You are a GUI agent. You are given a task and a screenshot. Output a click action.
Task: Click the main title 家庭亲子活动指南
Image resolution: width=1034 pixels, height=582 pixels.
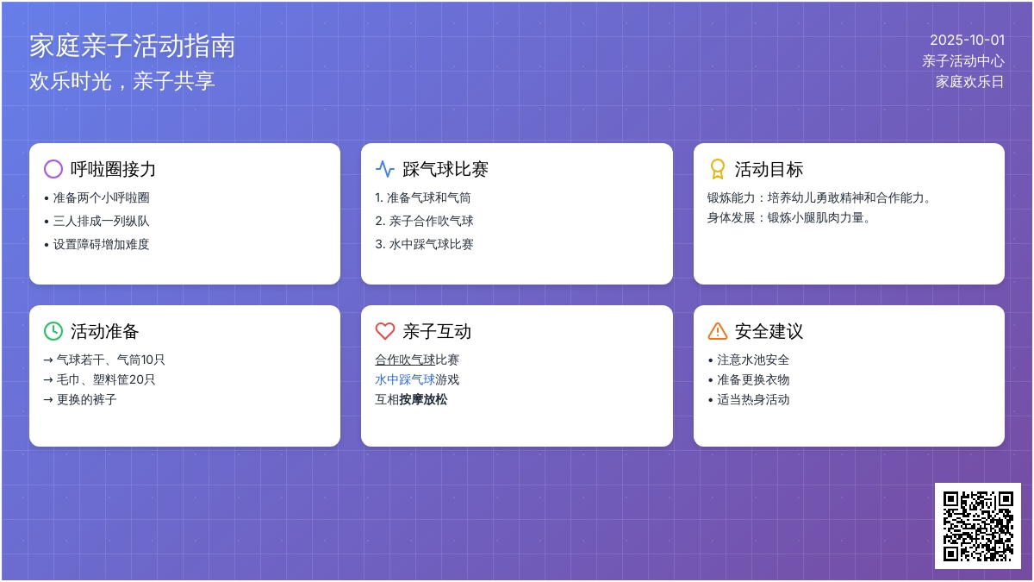[x=132, y=47]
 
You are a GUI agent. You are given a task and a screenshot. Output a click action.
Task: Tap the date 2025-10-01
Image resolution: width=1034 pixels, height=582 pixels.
[x=967, y=41]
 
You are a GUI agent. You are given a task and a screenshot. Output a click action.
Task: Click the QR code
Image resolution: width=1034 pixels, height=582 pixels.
[x=978, y=526]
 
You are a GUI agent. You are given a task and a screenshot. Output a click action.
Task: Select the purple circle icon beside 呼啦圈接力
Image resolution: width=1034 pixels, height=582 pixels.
[x=53, y=169]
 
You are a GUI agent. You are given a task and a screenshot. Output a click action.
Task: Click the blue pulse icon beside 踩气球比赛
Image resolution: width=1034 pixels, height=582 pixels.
[x=385, y=169]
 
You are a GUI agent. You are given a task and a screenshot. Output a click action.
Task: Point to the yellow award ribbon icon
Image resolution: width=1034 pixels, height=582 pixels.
[x=717, y=169]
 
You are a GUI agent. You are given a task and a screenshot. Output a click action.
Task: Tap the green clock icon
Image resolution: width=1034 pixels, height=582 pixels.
[x=53, y=331]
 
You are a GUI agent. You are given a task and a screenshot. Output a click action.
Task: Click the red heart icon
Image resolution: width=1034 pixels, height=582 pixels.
[x=385, y=331]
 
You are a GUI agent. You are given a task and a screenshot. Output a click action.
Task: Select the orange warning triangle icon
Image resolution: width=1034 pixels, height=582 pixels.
[x=717, y=331]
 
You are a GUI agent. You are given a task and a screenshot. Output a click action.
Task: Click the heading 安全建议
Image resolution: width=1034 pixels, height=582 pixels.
[x=769, y=331]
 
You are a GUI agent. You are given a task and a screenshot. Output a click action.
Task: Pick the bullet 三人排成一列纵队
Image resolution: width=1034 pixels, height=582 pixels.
[x=101, y=221]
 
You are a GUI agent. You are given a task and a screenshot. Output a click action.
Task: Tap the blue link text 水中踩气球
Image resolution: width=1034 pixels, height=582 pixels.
[x=405, y=379]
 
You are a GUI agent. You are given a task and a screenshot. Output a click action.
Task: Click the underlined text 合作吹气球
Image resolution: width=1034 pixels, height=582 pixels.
[x=405, y=360]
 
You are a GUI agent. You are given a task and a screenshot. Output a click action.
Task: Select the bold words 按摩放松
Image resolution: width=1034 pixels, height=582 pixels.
[x=423, y=399]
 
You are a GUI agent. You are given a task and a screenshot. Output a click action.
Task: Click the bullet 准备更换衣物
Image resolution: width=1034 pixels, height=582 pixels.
[x=753, y=379]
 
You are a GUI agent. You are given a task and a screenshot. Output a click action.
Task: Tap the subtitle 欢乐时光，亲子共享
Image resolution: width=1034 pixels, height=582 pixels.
[x=121, y=81]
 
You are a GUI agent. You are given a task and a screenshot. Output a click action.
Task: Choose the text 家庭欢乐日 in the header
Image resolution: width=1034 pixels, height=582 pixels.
[x=970, y=82]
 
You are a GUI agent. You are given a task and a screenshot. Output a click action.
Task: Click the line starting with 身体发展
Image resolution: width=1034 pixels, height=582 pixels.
[x=788, y=217]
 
